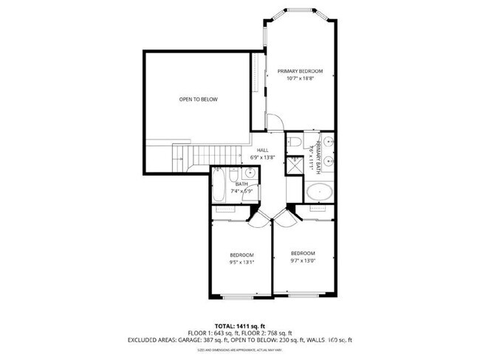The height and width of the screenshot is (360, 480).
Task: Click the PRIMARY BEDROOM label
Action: coord(301,72)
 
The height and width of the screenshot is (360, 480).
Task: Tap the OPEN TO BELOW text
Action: coord(199,100)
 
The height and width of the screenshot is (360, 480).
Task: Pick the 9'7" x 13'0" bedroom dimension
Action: coord(303,259)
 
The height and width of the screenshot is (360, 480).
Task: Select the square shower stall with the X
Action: coord(295,164)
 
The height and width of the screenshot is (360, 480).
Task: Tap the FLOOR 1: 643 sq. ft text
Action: coord(213,333)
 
